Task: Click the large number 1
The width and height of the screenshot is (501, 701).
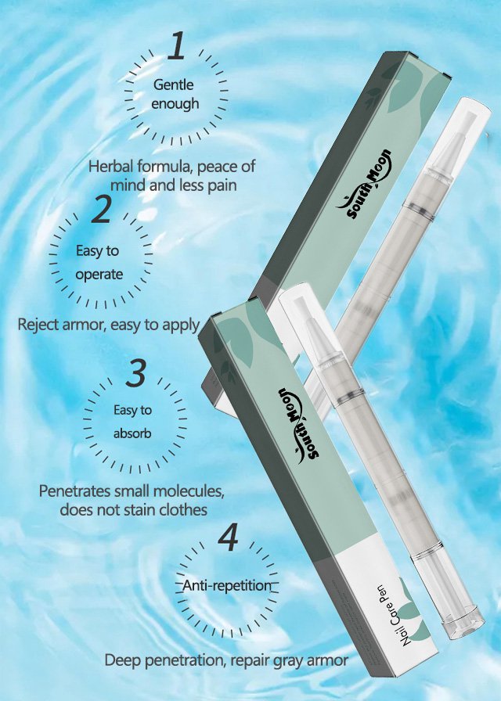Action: pos(177,45)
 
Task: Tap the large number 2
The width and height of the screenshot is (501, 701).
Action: pos(102,209)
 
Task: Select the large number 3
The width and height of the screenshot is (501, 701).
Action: pos(136,372)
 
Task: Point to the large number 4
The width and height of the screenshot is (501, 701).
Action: pos(229,537)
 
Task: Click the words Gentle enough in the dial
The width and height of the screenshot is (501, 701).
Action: pos(175,94)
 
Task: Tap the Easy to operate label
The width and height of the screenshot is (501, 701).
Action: pos(99,262)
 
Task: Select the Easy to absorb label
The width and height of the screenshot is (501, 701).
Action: pos(132,422)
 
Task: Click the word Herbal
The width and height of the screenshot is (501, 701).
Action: pos(110,167)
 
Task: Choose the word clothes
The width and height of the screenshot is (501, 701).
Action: pos(181,509)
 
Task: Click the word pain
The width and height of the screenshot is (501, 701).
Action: pos(222,185)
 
